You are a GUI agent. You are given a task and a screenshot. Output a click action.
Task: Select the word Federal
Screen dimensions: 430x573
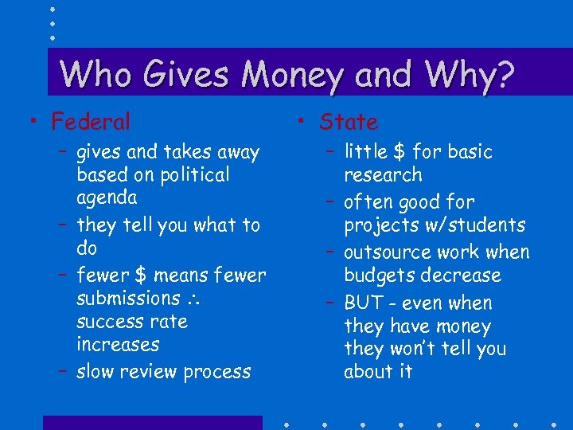click(x=91, y=122)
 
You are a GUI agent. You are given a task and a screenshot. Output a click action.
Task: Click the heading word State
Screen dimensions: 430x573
click(x=349, y=122)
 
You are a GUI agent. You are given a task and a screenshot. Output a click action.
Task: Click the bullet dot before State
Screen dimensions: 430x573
click(x=298, y=121)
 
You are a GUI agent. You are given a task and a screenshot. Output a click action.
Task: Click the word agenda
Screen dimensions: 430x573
click(x=107, y=197)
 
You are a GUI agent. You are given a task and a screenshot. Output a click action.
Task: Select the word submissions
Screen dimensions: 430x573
click(x=128, y=298)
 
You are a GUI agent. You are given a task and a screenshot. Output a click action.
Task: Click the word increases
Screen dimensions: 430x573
click(x=118, y=345)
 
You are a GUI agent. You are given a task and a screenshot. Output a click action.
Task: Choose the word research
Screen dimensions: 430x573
click(x=383, y=175)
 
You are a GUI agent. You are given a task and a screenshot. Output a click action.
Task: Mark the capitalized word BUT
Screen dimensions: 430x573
click(x=363, y=303)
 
